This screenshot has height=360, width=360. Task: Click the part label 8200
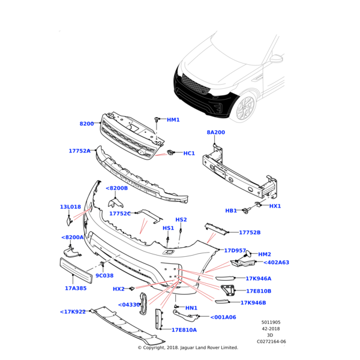pos(87,124)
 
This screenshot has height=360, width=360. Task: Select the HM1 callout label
pos(173,120)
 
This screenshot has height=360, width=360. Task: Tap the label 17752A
pos(79,151)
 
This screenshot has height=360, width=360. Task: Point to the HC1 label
pos(189,154)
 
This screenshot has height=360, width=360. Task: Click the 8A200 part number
pos(216,132)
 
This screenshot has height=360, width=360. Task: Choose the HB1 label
pos(231,211)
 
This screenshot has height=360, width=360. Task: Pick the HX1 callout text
pos(275,206)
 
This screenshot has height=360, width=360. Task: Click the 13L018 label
pos(70,207)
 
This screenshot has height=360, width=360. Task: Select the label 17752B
pos(250,233)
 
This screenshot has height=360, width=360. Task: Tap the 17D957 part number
pos(235,250)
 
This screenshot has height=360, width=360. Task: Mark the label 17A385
pos(76,288)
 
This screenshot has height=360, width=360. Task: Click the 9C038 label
pos(104,275)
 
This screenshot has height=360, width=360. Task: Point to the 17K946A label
pos(259,278)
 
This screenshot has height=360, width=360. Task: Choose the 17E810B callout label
pos(259,291)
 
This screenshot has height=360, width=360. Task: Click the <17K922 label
pos(73,311)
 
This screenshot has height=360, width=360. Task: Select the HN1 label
pos(191,308)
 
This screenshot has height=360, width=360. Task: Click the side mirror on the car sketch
pos(276,59)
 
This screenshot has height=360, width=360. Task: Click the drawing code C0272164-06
pos(272,341)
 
